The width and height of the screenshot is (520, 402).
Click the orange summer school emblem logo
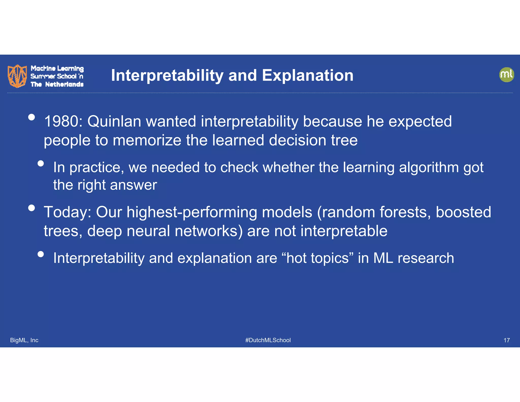17,76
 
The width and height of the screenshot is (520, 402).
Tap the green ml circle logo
507,75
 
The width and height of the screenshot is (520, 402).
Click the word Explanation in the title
307,75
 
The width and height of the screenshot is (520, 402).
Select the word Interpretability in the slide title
167,75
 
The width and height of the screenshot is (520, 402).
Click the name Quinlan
114,121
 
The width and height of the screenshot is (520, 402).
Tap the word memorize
147,140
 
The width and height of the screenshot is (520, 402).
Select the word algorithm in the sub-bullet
429,167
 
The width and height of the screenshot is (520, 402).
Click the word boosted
463,212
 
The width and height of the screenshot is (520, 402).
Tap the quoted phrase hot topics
317,258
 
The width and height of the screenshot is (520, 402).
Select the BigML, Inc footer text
24,340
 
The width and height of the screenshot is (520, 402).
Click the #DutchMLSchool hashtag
268,340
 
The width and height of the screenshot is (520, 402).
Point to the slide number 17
506,340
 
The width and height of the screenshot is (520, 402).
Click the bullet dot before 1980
31,117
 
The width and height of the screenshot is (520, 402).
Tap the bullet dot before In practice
41,163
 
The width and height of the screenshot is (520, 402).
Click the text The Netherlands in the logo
57,84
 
